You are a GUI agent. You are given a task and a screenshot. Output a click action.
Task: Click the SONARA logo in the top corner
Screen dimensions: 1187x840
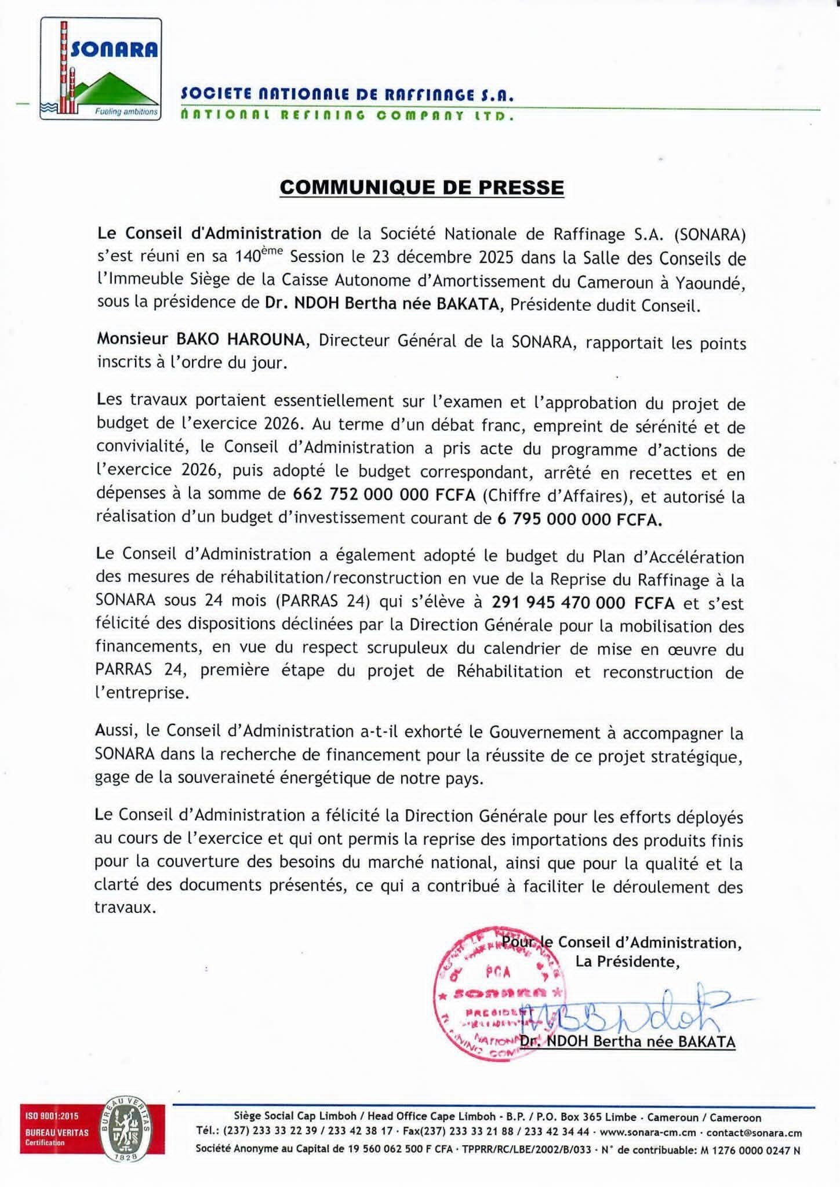101,69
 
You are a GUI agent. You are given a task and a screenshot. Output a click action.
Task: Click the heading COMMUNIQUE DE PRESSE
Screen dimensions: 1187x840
421,188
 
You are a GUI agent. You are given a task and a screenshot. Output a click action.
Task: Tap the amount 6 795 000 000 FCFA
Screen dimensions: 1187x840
580,520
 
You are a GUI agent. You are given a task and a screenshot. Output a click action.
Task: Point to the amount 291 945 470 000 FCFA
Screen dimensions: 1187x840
583,603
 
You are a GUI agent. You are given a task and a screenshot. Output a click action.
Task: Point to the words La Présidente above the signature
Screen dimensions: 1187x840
627,962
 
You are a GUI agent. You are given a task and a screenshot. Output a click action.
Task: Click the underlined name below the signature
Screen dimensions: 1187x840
627,1042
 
